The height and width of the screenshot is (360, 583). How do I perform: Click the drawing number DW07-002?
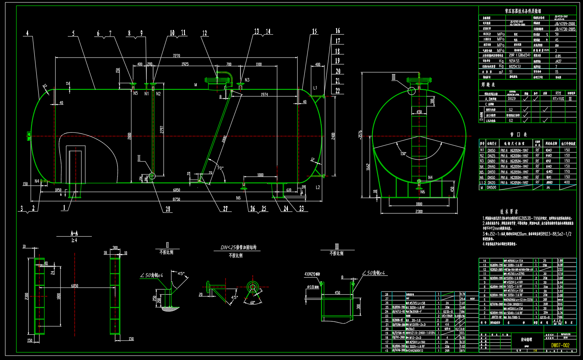[x=560, y=345]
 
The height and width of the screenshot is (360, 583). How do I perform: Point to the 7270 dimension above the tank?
[x=176, y=56]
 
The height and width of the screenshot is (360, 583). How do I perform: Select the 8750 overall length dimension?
[x=176, y=199]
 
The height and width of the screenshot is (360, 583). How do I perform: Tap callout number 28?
[x=168, y=209]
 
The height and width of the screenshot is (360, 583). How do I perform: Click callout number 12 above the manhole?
[x=205, y=33]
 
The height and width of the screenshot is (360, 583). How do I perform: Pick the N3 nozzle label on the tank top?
[x=247, y=80]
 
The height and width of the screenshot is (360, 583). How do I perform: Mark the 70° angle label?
[x=220, y=168]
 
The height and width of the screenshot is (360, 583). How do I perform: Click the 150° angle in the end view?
[x=403, y=154]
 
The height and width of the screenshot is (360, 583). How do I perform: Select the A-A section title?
[x=74, y=233]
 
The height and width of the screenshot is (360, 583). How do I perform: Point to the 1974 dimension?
[x=264, y=95]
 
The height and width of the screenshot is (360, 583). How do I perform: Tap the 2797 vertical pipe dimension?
[x=162, y=129]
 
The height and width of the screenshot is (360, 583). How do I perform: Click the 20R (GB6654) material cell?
[x=520, y=56]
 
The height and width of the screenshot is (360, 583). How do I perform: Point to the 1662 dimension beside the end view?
[x=367, y=166]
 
